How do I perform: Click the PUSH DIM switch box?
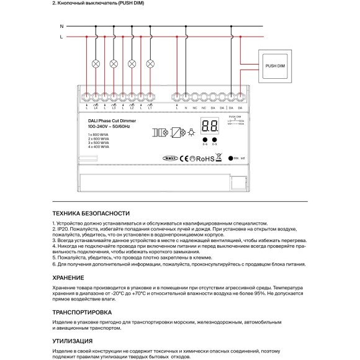click(274, 65)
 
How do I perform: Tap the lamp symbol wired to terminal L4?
click(96, 64)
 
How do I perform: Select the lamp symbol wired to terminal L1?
click(150, 64)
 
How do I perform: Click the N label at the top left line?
click(61, 27)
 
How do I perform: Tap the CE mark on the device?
click(182, 159)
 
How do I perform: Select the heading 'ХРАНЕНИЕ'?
click(70, 277)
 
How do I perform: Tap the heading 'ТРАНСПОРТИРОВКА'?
click(82, 312)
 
